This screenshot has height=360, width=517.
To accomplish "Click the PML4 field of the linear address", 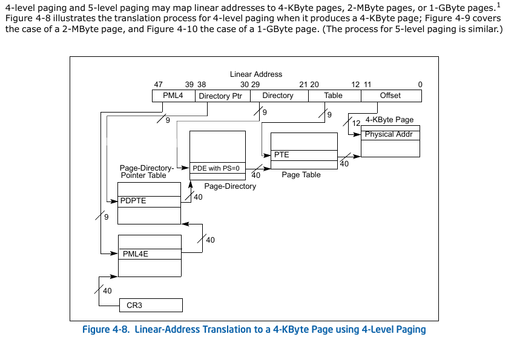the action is [173, 96].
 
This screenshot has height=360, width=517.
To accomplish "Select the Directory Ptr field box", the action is [223, 96].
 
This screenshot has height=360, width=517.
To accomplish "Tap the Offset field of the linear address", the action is [391, 96].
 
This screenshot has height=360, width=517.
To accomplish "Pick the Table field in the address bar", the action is [334, 96].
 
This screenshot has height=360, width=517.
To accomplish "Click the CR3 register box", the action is [151, 306].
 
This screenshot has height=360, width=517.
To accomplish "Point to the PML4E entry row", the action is [150, 254].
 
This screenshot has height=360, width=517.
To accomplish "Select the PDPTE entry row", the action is [149, 201].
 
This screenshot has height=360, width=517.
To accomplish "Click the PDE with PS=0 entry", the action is [217, 168].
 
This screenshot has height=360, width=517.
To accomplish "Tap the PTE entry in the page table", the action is [304, 155].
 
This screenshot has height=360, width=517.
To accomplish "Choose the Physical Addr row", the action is [390, 135].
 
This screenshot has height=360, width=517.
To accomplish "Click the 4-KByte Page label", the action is [389, 120].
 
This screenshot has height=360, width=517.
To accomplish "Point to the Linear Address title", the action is [256, 74].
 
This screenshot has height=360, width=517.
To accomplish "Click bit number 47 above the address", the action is [158, 85].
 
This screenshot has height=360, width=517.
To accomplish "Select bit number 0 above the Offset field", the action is [420, 85].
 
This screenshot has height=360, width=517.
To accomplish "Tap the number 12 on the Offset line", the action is [356, 123].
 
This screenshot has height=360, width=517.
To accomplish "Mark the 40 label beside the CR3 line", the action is [107, 291].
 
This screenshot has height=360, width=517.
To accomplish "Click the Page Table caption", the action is [301, 175].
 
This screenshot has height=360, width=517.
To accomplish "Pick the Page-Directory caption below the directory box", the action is [230, 186].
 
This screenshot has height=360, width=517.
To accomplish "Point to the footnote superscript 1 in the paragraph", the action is [499, 5].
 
